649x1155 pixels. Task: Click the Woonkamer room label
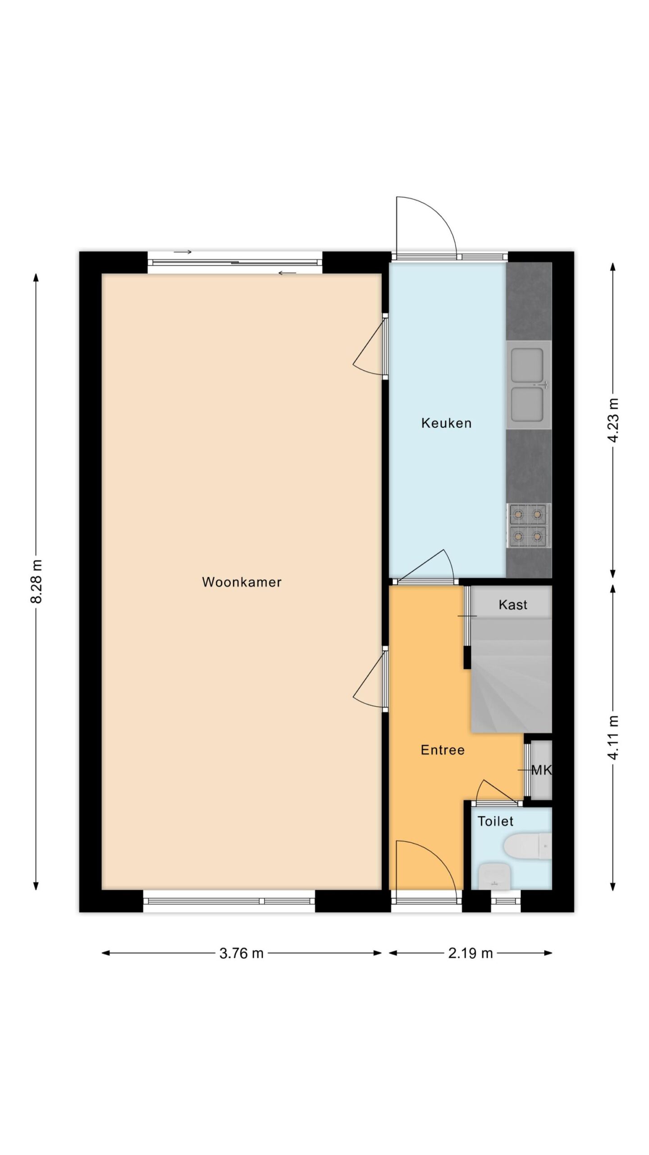click(x=242, y=582)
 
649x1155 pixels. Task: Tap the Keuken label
click(x=446, y=423)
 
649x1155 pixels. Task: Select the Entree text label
click(x=443, y=750)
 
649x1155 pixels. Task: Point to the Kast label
click(x=513, y=605)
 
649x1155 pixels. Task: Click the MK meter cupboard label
click(x=541, y=770)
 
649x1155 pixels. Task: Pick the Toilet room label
click(x=495, y=821)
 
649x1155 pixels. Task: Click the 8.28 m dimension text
click(x=36, y=582)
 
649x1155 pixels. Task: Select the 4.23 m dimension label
click(x=613, y=420)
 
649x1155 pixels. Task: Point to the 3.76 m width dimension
click(x=242, y=953)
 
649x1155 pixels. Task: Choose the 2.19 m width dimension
click(x=470, y=953)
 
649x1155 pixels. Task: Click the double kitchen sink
click(x=529, y=385)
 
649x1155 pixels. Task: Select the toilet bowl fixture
click(x=528, y=847)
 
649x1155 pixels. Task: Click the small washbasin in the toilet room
click(x=494, y=876)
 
